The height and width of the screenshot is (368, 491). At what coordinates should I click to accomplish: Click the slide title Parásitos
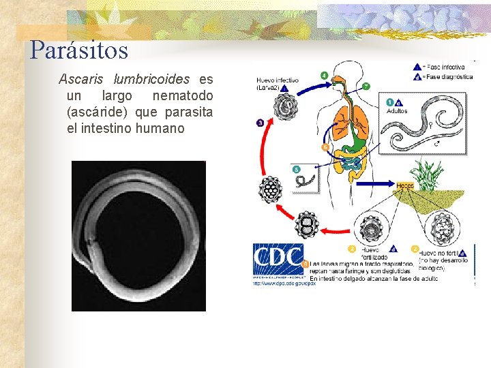click(79, 50)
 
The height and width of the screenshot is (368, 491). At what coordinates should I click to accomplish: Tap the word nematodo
click(182, 95)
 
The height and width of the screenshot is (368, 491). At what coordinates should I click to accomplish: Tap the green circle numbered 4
click(323, 75)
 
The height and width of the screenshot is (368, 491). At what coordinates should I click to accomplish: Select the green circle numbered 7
click(366, 87)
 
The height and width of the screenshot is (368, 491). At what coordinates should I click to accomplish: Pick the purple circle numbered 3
click(260, 123)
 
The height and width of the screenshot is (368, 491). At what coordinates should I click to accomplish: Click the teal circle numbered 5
click(295, 169)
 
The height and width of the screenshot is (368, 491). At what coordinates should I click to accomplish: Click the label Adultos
click(397, 110)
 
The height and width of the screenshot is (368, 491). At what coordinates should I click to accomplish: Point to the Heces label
click(404, 185)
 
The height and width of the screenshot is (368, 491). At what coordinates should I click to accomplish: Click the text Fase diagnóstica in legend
click(448, 77)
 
